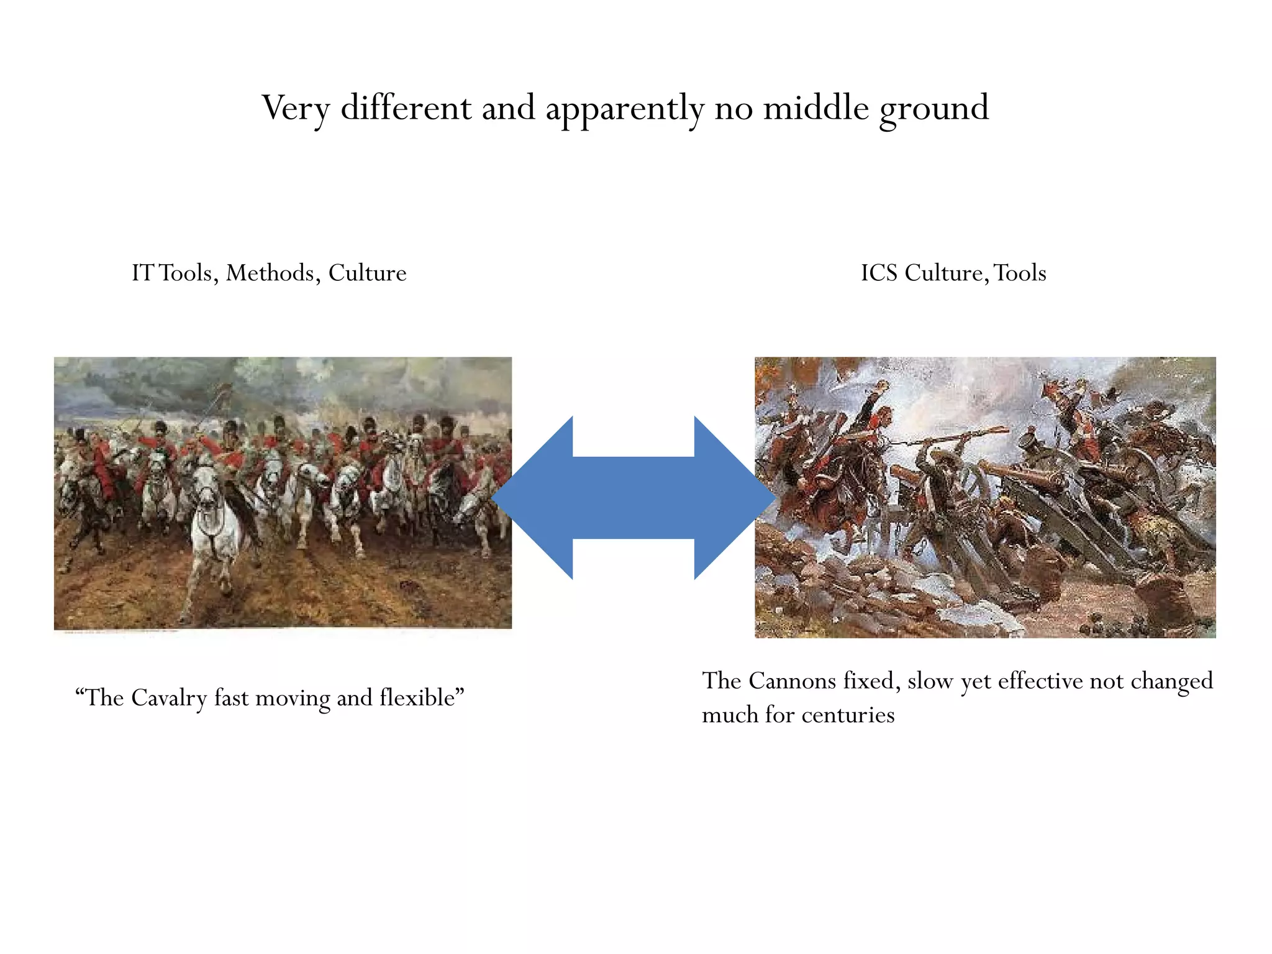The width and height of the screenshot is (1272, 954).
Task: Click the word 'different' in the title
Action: (x=406, y=108)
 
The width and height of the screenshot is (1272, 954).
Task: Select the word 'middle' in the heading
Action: (x=815, y=108)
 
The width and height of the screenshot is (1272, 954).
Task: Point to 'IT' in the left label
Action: (x=142, y=273)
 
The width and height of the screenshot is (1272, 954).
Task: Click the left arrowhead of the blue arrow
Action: (x=534, y=497)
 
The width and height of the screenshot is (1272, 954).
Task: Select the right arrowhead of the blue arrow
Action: (x=733, y=497)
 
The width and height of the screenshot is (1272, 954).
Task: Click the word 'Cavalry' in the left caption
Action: (x=168, y=698)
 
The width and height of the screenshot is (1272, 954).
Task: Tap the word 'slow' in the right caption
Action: (x=930, y=681)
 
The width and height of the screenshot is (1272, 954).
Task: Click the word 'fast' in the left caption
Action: (x=231, y=698)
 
